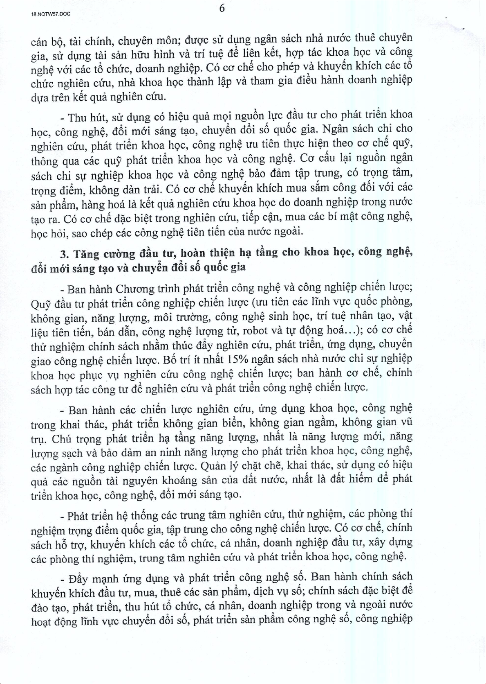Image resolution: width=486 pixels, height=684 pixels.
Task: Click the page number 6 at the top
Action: (x=222, y=8)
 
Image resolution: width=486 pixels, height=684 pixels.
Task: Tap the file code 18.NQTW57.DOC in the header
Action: (x=51, y=14)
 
